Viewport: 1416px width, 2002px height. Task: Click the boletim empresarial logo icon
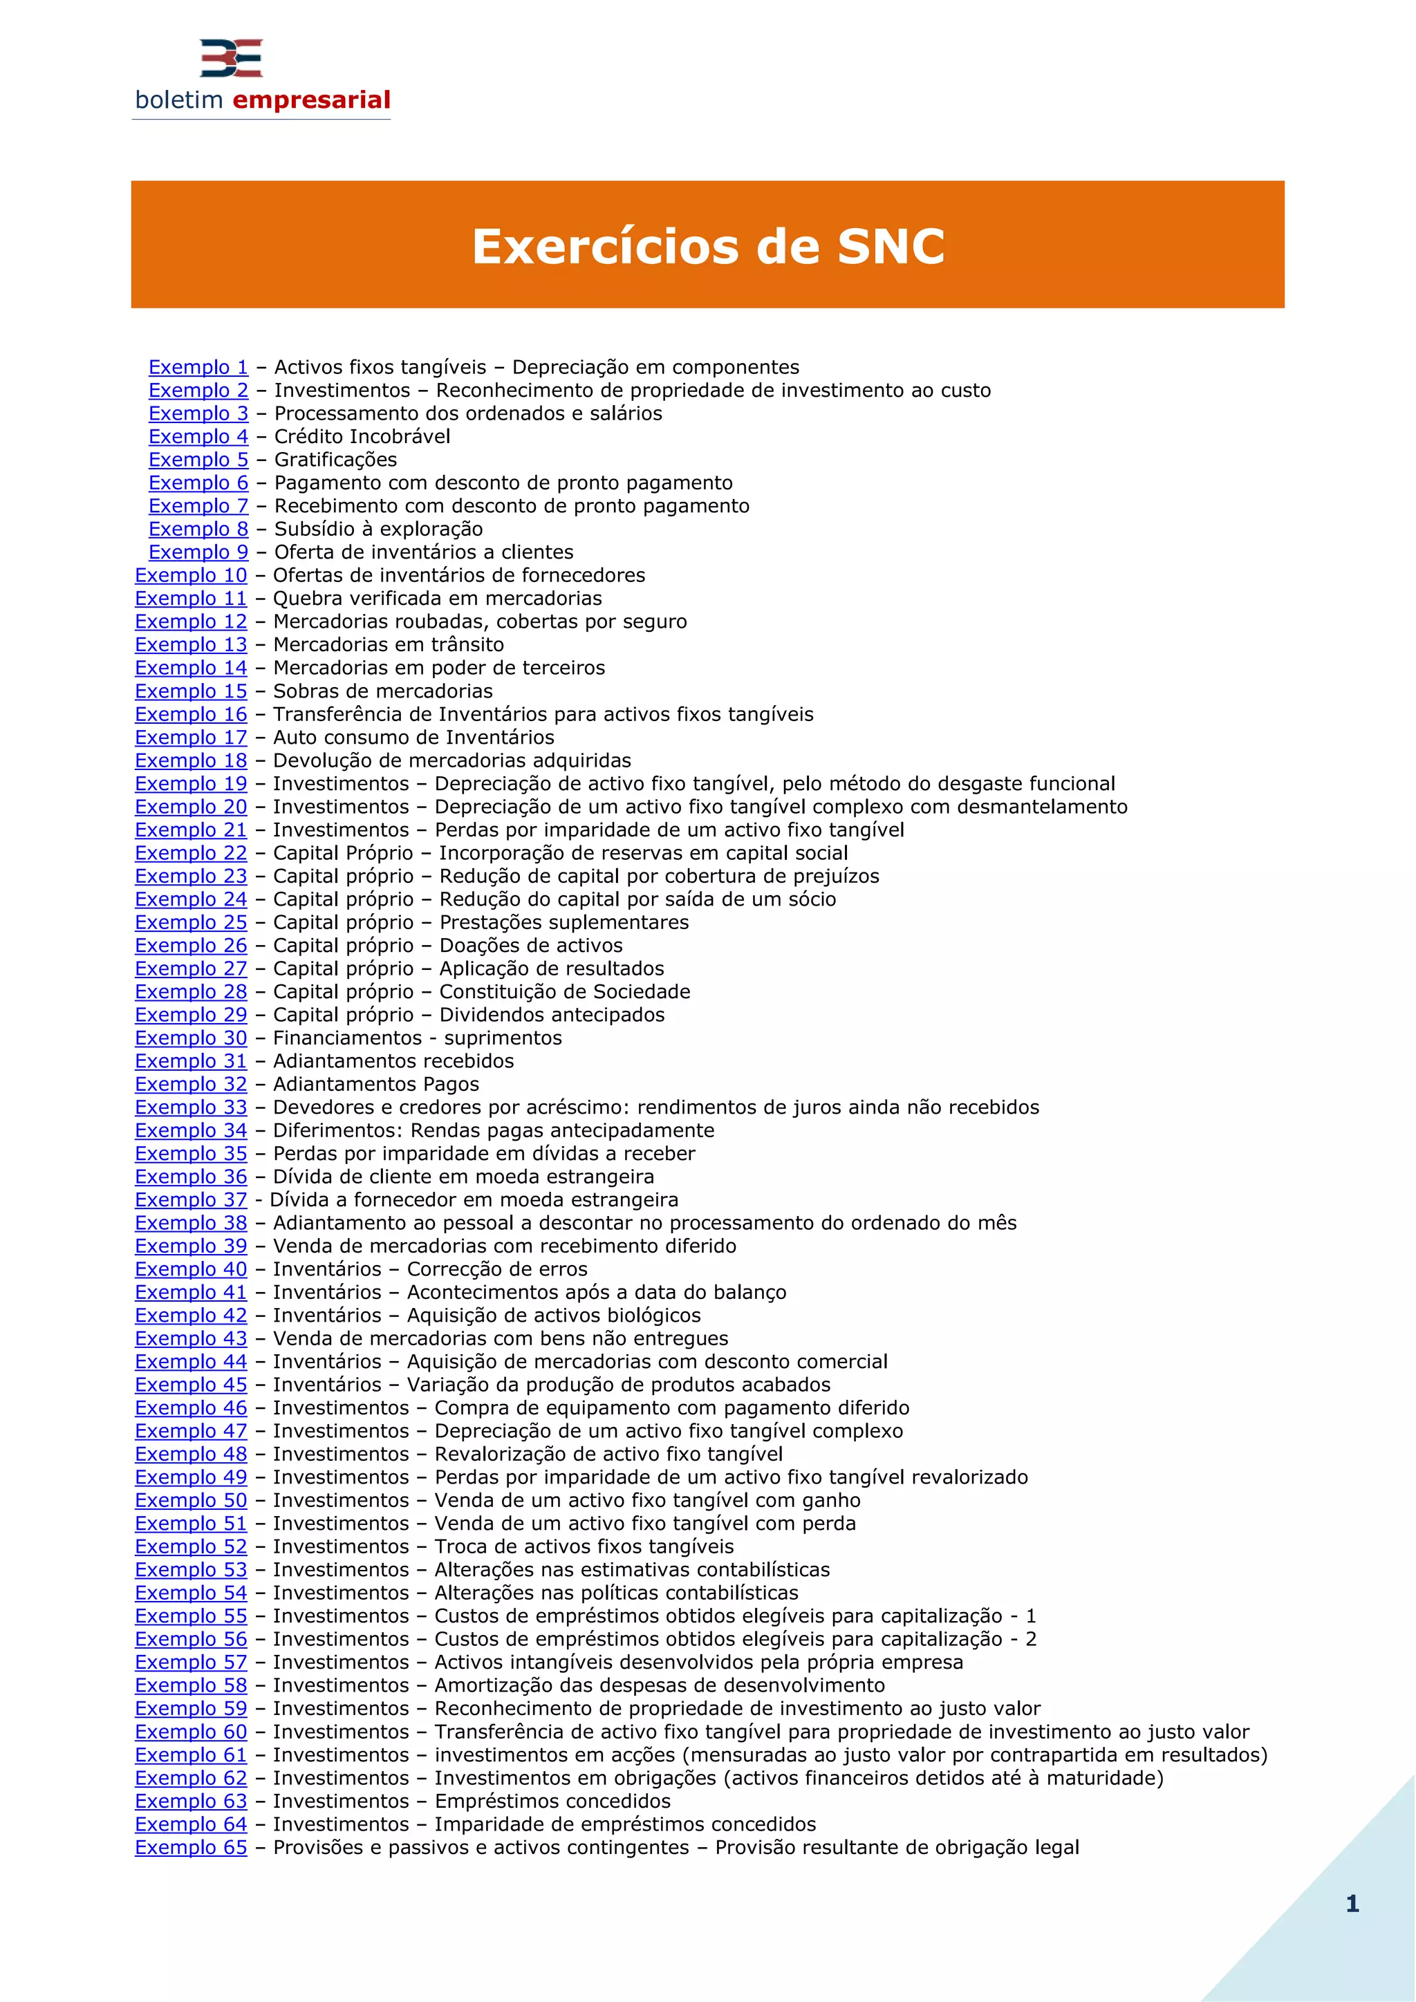click(231, 59)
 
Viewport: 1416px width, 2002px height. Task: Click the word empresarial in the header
click(311, 100)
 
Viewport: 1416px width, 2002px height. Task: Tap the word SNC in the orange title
click(891, 246)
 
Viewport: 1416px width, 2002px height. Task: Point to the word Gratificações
click(336, 460)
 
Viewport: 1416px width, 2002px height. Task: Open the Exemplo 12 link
click(191, 621)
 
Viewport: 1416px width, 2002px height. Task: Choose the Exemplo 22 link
click(191, 853)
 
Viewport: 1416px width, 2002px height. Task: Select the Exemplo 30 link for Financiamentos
click(191, 1038)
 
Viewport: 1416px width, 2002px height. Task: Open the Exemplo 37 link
click(191, 1200)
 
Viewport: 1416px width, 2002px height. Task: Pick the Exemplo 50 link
click(191, 1501)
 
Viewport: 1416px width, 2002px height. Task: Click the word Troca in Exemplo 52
click(465, 1547)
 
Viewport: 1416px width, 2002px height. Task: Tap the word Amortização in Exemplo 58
click(495, 1685)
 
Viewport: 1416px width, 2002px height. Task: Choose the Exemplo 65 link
click(191, 1848)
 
